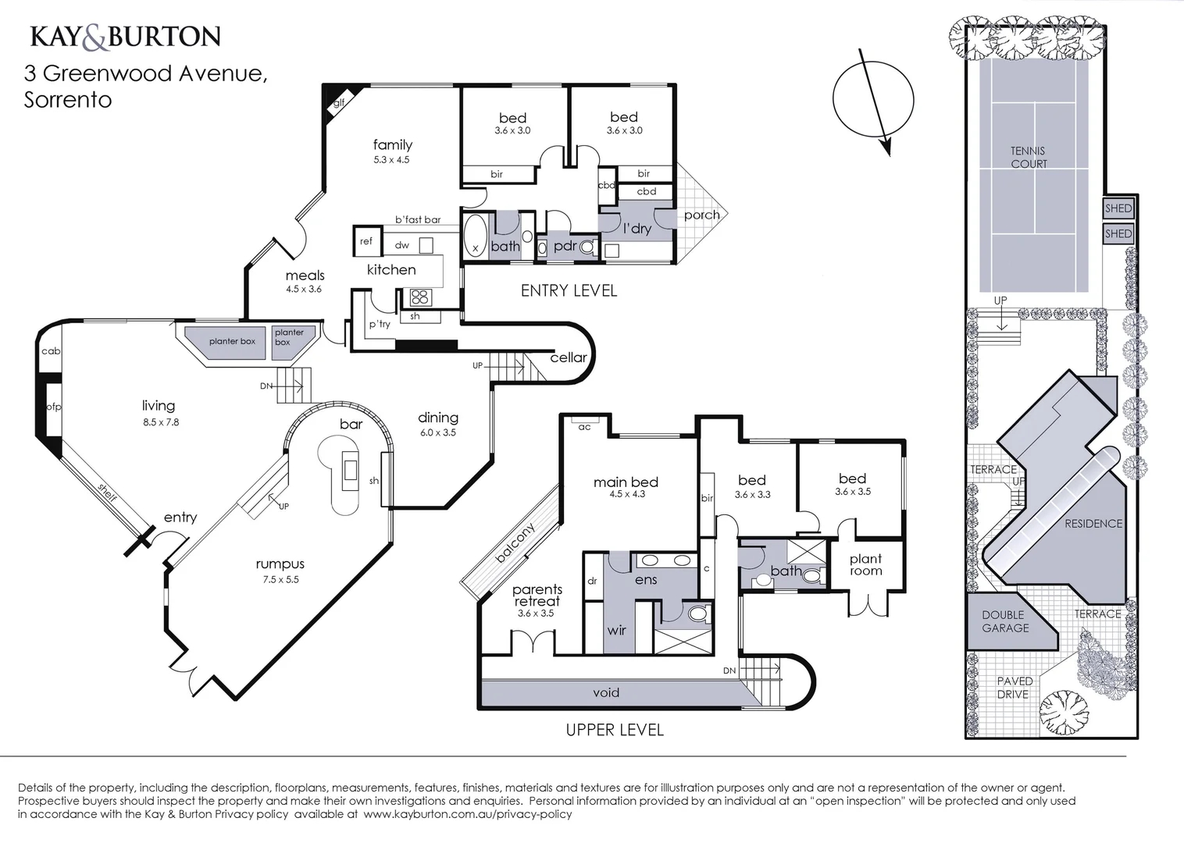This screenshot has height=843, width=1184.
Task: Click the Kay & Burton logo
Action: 125,37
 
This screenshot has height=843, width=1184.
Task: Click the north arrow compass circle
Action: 872,99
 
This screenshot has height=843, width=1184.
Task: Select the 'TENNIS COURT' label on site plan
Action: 1028,157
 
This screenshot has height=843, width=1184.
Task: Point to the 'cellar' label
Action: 568,357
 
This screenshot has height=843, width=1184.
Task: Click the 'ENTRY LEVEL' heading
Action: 569,290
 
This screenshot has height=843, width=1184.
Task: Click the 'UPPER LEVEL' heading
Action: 614,730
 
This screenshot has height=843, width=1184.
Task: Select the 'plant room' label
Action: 865,564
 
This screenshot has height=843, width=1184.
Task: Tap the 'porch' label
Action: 701,215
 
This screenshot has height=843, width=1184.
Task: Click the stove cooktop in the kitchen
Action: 419,297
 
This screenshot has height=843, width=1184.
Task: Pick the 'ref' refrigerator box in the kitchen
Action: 366,241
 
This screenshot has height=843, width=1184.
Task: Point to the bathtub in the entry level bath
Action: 475,235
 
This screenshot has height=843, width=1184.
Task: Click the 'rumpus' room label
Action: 280,564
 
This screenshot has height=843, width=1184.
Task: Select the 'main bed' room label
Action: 626,482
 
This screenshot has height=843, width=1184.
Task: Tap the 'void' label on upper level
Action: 606,692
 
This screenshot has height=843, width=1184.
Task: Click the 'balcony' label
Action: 515,542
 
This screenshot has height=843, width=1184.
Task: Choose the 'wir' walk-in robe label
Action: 616,630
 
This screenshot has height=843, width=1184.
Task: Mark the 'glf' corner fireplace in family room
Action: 337,101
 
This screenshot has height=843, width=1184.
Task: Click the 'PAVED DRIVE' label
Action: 1014,688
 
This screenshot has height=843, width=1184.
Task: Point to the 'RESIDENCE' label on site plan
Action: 1093,524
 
